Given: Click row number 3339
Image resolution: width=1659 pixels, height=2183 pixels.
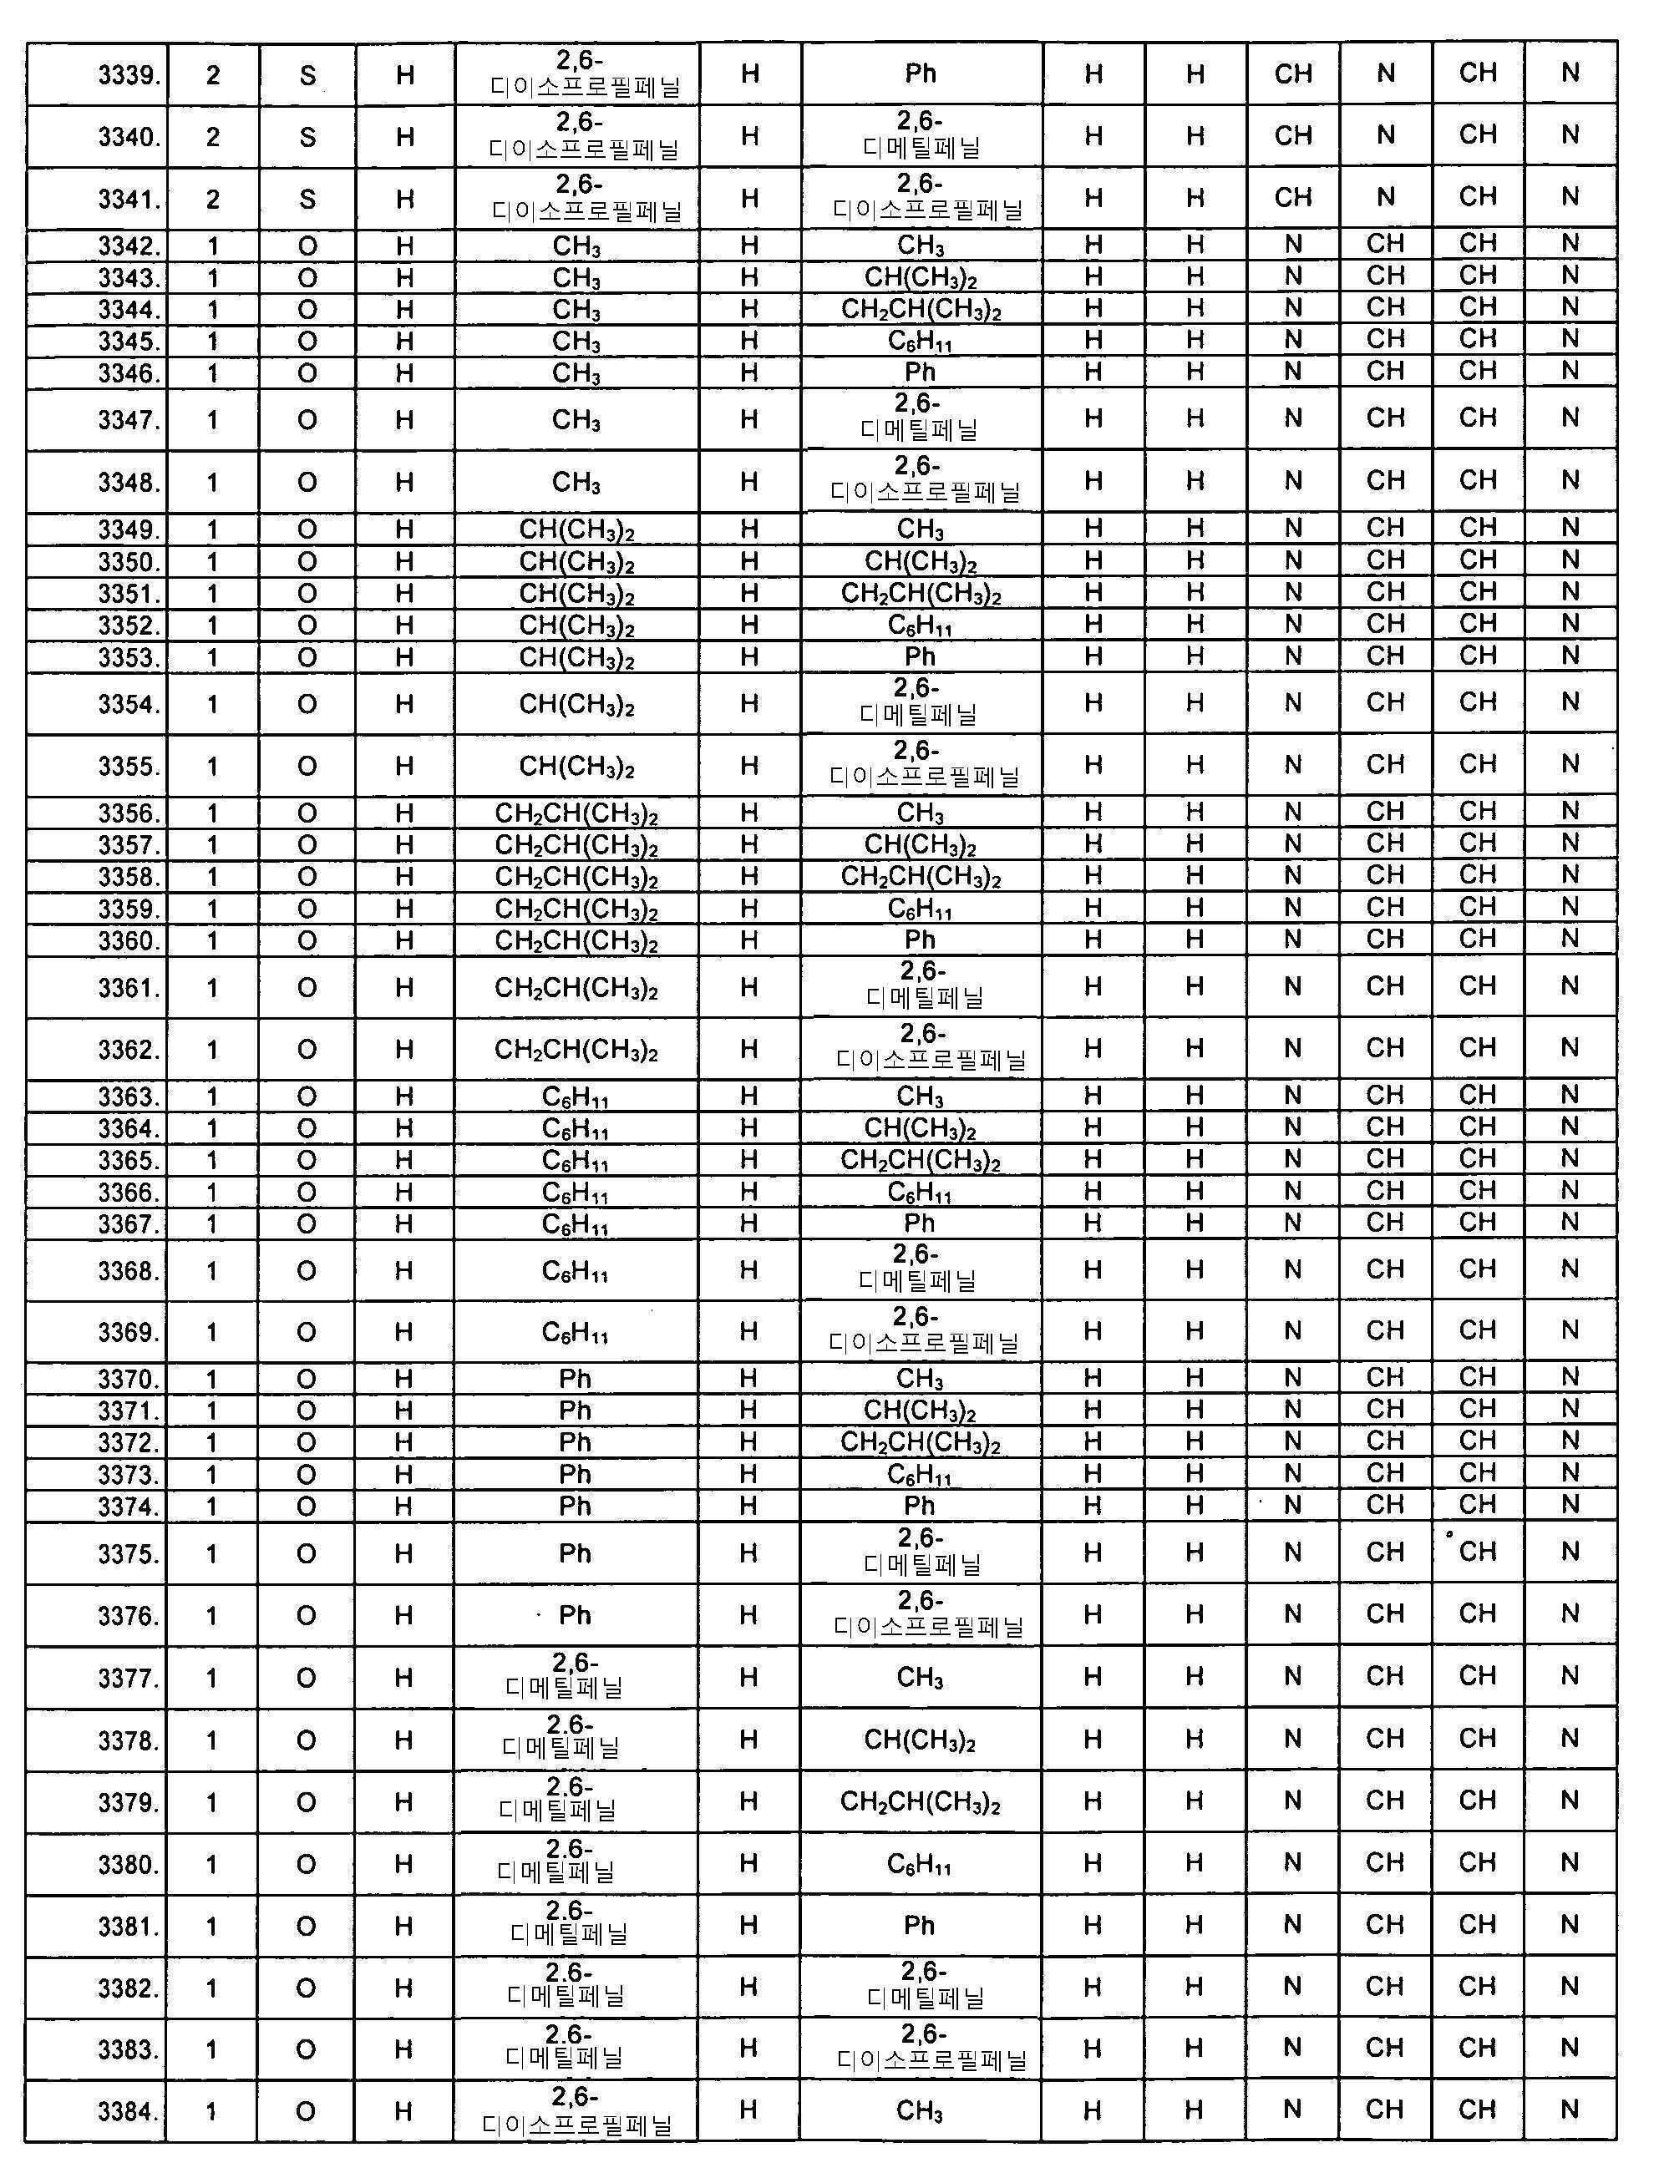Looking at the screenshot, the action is (x=129, y=75).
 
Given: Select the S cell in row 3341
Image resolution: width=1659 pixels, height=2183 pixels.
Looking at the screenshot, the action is (x=307, y=199).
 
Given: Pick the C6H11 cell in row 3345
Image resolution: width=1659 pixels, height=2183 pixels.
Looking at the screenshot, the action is (x=921, y=342).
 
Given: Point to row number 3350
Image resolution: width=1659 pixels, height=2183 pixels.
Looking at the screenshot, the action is (x=129, y=562).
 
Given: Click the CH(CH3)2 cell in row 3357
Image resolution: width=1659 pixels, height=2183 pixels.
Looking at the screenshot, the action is (x=921, y=845).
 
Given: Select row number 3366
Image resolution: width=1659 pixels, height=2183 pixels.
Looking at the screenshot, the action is (x=129, y=1192).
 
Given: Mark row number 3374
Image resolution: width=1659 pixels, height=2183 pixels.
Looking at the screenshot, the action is (x=129, y=1507).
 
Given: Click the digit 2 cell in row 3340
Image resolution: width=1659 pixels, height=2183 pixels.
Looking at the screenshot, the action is (x=212, y=136).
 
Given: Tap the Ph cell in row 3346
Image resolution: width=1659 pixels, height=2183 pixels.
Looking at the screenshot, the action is (x=921, y=372).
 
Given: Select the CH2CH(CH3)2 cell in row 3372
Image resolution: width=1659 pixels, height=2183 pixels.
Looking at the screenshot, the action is (x=921, y=1442).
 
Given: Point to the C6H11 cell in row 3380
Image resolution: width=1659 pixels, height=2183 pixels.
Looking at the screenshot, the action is (x=921, y=1864).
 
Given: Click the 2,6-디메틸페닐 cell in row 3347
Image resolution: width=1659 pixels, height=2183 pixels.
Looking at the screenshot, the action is (x=921, y=418).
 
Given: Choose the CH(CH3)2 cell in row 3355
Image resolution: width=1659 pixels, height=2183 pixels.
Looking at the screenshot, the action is (x=576, y=766).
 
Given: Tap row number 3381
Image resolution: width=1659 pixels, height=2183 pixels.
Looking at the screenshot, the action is (x=129, y=1927).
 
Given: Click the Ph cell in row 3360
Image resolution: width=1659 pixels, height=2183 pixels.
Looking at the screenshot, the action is (x=921, y=940).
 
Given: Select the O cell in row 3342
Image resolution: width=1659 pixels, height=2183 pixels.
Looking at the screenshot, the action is (x=307, y=246).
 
